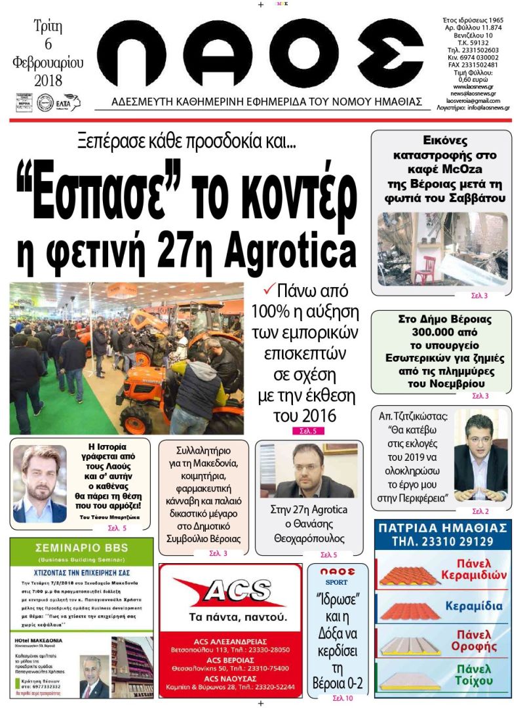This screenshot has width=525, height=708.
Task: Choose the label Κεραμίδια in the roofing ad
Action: [x=474, y=606]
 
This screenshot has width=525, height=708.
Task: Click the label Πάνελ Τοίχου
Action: [x=473, y=674]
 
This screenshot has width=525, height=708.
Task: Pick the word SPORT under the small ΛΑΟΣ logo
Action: [x=339, y=582]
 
